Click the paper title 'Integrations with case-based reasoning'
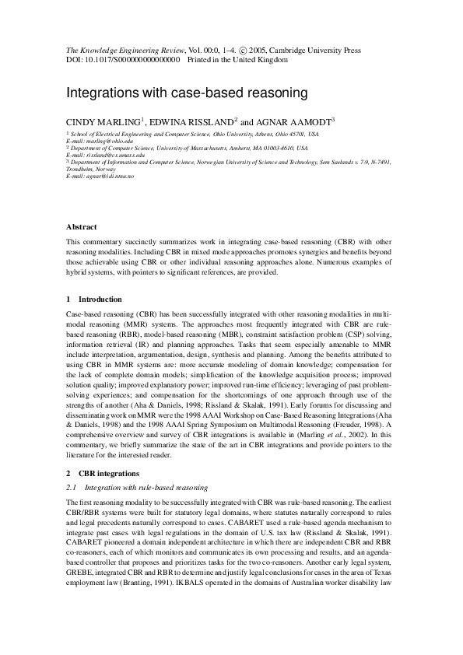(x=187, y=93)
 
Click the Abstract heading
(x=82, y=227)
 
